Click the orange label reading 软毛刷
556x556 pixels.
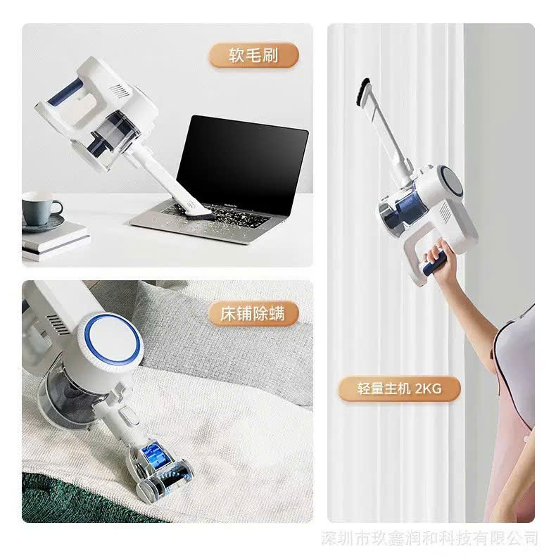pos(253,56)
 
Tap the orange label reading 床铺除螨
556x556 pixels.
pos(253,314)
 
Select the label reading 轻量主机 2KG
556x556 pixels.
pos(399,389)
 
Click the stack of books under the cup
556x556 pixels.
pos(55,241)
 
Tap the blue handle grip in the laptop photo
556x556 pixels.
pos(65,91)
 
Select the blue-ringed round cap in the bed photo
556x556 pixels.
pos(113,340)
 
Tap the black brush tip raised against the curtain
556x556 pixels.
pos(362,92)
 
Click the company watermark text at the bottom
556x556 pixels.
pos(429,538)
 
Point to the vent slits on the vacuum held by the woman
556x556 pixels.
pos(446,212)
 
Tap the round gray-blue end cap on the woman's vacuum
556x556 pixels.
pos(450,181)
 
